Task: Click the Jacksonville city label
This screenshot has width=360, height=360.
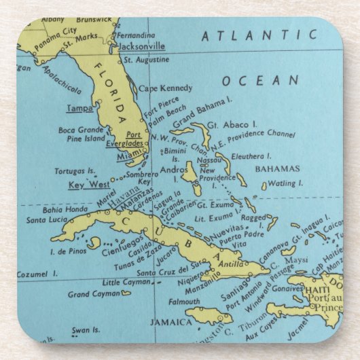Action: coord(141,46)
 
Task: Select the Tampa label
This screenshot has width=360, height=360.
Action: coord(79,108)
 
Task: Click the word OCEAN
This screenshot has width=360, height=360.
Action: coord(260,81)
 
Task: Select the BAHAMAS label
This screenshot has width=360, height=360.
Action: coord(276,168)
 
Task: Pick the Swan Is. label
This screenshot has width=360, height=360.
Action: coord(86,330)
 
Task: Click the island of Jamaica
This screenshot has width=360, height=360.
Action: coord(209,316)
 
